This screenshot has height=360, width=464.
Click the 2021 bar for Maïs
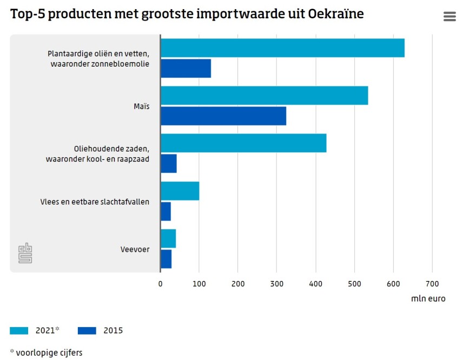[x=264, y=96]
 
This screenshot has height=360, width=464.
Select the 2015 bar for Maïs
[x=223, y=116]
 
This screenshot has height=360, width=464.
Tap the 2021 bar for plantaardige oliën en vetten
[x=282, y=48]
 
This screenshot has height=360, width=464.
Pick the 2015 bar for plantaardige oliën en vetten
[x=185, y=68]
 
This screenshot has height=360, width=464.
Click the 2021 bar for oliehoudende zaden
[x=243, y=143]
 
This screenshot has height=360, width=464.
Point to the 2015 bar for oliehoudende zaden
[x=169, y=163]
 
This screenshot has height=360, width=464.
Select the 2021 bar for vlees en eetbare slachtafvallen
[x=180, y=191]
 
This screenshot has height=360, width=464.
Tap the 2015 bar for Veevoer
[x=166, y=259]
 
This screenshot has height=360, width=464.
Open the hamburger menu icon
[x=449, y=16]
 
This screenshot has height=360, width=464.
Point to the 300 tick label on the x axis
[x=276, y=284]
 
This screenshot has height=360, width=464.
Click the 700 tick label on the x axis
[x=432, y=284]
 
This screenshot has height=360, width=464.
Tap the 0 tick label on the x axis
[x=160, y=284]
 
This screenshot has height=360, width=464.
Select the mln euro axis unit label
[x=428, y=298]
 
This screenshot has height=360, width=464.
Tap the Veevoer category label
[x=135, y=250]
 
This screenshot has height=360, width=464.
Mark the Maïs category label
[x=142, y=106]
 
